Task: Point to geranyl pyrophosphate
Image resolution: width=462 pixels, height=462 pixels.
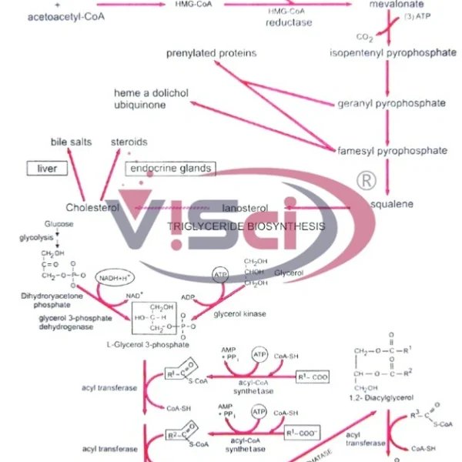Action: pos(391,103)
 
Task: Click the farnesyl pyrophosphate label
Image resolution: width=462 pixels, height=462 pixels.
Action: pos(392,150)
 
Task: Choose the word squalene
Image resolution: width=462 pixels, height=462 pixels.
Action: pos(392,204)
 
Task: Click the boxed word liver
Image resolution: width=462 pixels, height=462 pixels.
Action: pos(48,168)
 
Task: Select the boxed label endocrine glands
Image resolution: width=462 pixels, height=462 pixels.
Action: pos(169,168)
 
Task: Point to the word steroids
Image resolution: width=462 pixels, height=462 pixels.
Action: pos(129,142)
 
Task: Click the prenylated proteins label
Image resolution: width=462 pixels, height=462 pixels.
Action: pos(211,53)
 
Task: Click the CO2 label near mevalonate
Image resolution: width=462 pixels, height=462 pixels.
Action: pos(363,36)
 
